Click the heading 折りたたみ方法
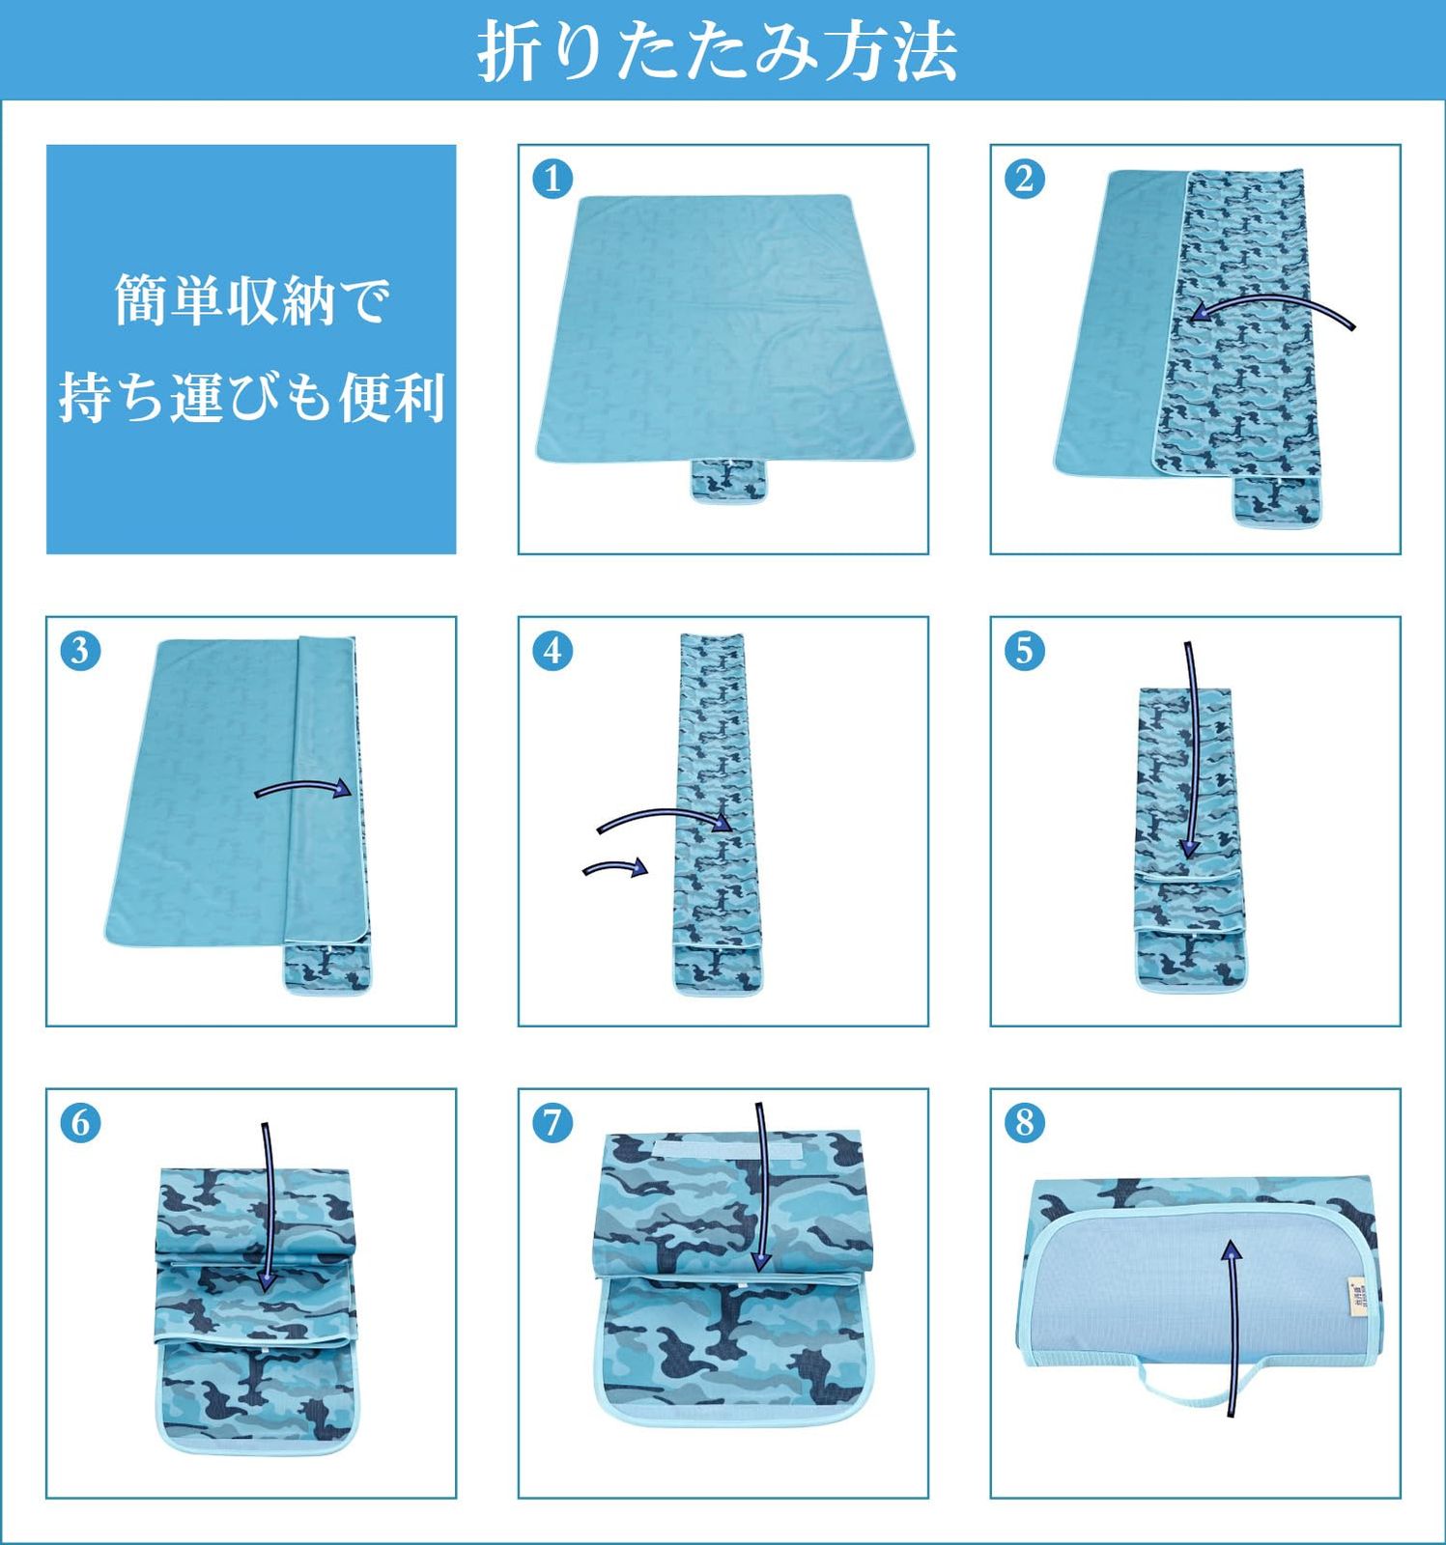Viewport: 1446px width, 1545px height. [x=718, y=50]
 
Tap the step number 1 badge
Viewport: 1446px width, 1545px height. [x=553, y=179]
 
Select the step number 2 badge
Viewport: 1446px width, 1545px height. [x=1025, y=179]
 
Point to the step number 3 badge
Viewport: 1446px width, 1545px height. [x=80, y=651]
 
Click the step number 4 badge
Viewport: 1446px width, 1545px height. [x=553, y=651]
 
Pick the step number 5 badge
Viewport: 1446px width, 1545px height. [x=1025, y=651]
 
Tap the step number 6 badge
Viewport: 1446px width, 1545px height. [x=80, y=1123]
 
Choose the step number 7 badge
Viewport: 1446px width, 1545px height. [x=553, y=1123]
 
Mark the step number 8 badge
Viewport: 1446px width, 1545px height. [x=1025, y=1123]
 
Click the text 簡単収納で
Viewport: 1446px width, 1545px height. [x=252, y=300]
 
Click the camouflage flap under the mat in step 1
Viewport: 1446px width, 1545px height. [x=729, y=480]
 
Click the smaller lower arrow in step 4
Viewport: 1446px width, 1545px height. [x=615, y=866]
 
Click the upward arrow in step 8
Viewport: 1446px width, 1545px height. [x=1233, y=1329]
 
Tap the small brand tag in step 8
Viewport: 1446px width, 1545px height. [x=1354, y=1294]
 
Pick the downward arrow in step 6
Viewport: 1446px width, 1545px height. [x=267, y=1207]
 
